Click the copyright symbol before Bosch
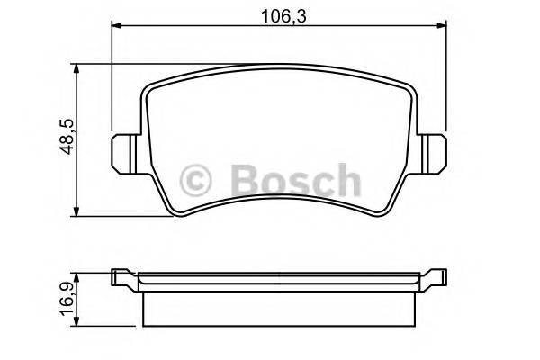point(197,181)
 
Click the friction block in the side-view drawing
point(279,307)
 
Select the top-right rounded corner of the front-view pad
point(407,85)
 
